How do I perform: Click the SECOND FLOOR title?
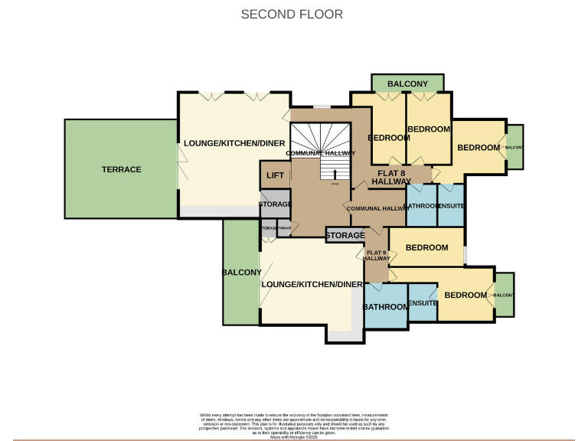pos(292,14)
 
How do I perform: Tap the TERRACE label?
pos(121,169)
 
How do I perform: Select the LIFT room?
pos(275,176)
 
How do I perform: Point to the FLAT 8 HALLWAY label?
pos(392,177)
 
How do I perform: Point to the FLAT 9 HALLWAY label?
pos(377,256)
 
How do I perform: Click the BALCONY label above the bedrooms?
pos(407,83)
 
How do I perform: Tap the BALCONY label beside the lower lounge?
pos(241,273)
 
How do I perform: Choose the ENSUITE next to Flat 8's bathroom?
pos(450,206)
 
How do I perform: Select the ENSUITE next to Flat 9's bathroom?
pos(422,303)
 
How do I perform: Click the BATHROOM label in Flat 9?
pos(386,306)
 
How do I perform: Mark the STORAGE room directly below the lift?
pos(275,204)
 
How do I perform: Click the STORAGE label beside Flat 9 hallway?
pos(345,236)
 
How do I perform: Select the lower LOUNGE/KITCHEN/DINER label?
pos(312,284)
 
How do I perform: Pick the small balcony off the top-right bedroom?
pos(514,147)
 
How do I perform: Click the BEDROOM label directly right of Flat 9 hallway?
pos(426,247)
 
